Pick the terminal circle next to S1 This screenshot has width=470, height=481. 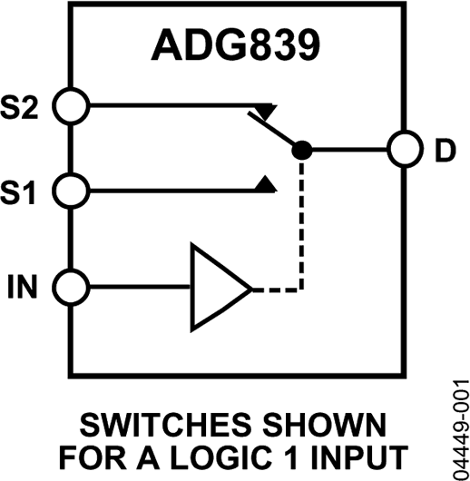tap(70, 191)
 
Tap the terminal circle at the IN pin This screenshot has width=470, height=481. tap(70, 289)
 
